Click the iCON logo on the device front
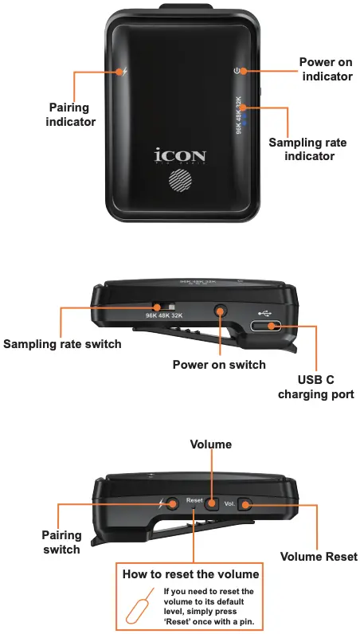pyautogui.click(x=180, y=154)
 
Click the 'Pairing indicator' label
pyautogui.click(x=71, y=115)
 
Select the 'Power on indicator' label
pyautogui.click(x=325, y=69)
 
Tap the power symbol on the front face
pyautogui.click(x=237, y=71)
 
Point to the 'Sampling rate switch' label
pyautogui.click(x=62, y=344)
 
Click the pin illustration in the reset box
pyautogui.click(x=137, y=608)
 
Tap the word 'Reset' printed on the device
pyautogui.click(x=194, y=500)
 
